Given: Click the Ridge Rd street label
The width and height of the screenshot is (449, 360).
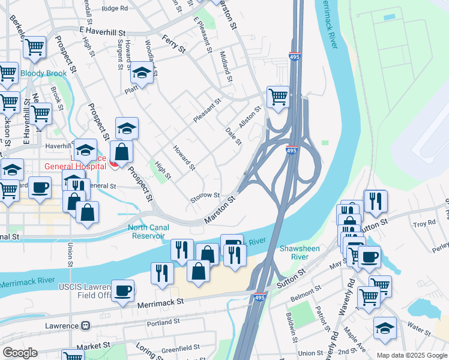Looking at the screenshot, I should [115, 8].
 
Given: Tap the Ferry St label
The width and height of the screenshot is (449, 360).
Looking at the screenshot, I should [173, 43].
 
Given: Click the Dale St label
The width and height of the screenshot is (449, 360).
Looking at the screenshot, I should [233, 136].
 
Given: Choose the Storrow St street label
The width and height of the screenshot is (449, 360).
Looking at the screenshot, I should [205, 197].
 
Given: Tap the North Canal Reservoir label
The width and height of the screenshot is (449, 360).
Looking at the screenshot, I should [148, 232].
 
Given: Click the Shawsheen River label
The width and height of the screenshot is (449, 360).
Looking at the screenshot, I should [299, 253].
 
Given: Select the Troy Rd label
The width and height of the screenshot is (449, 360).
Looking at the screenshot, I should [424, 224].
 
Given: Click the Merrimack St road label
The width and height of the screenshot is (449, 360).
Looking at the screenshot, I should [160, 304].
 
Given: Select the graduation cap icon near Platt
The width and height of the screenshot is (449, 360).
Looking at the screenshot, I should [142, 74].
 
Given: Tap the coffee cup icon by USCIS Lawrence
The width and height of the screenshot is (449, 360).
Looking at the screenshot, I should [123, 291].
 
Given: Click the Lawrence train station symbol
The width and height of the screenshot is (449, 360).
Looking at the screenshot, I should [86, 326].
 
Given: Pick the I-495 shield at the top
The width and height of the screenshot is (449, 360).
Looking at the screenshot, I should [294, 56].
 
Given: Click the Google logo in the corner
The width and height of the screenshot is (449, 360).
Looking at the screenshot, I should [20, 353].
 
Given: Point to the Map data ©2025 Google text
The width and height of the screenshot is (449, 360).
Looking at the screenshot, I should [411, 355].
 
